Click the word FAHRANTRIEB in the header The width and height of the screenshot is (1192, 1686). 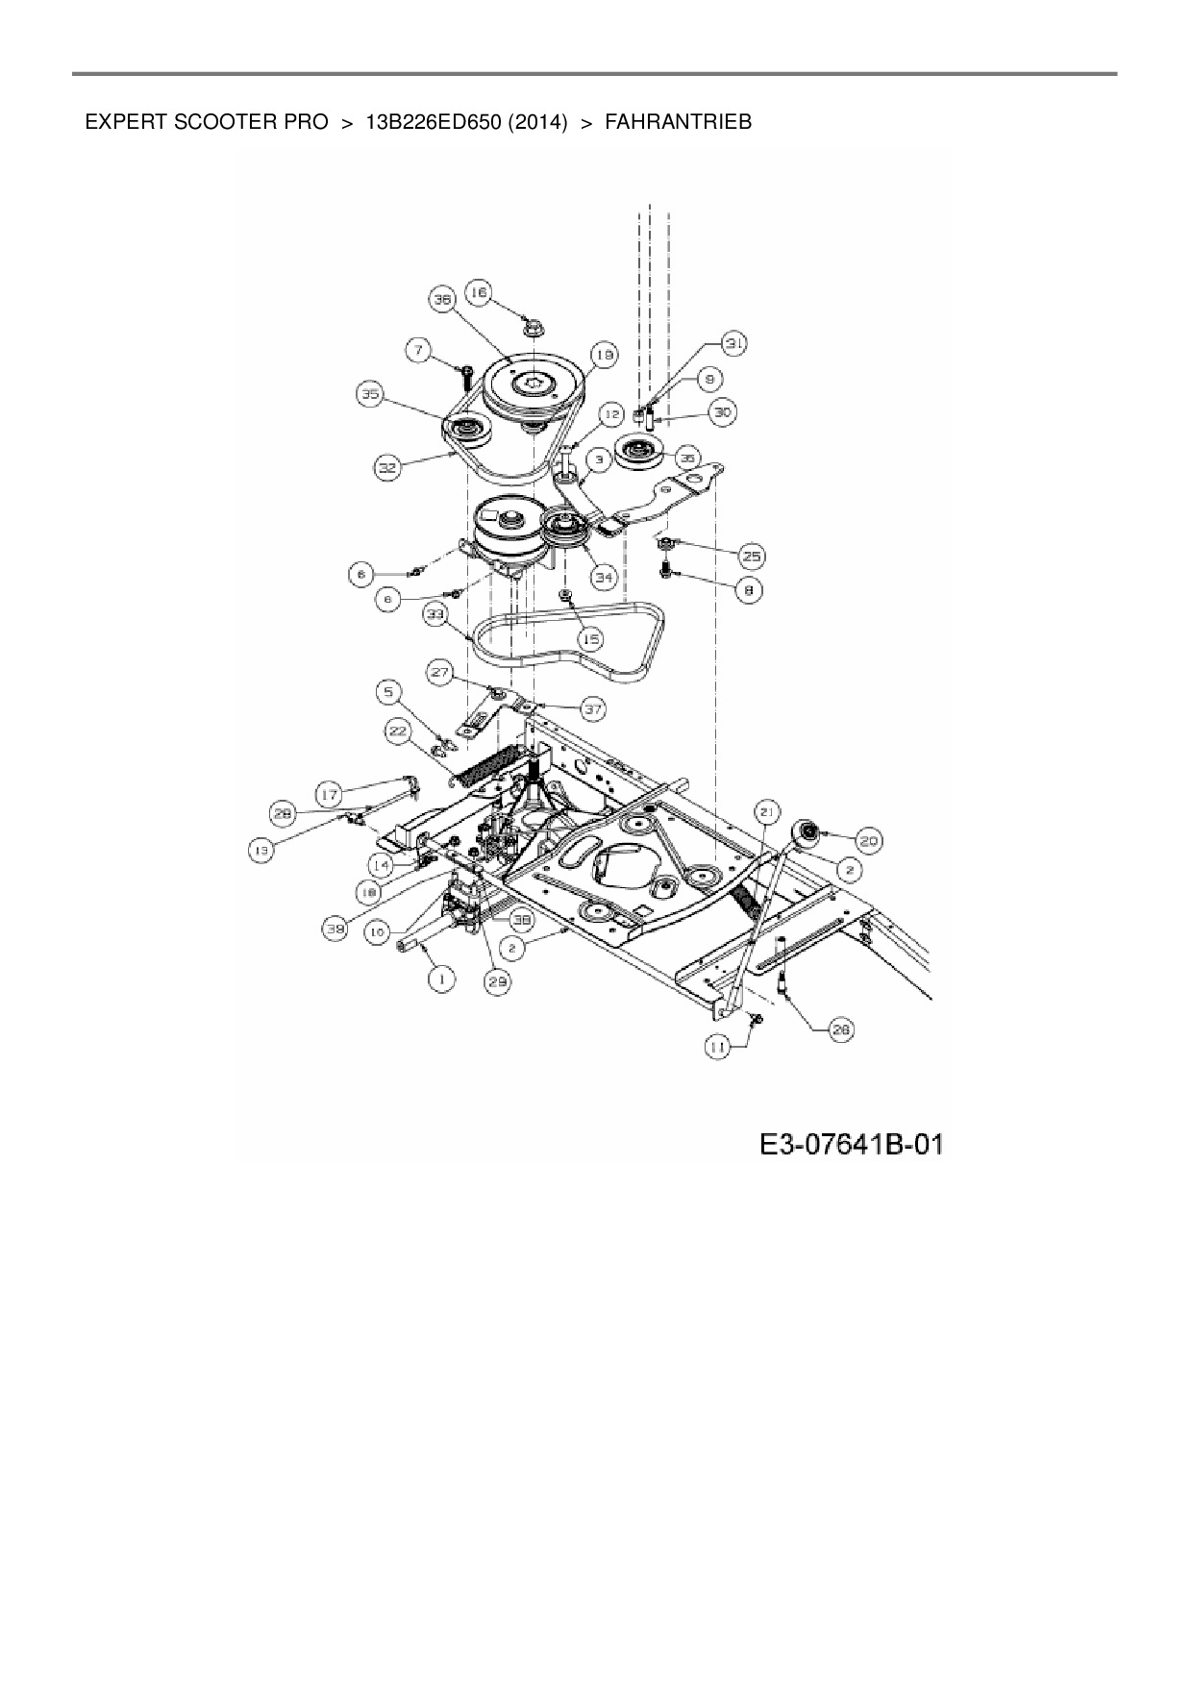678,122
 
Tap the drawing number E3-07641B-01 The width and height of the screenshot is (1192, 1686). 850,1145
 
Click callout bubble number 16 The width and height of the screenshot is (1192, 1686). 479,292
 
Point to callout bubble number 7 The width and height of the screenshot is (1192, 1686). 418,351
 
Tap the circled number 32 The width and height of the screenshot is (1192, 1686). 386,468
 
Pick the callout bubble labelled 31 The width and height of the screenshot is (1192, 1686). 734,343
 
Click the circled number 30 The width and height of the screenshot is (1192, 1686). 721,412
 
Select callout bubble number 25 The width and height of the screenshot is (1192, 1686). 751,556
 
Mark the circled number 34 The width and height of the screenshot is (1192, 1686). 603,578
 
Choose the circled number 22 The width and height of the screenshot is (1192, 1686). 397,731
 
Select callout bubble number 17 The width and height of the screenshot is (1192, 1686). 330,794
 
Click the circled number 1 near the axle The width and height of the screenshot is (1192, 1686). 441,979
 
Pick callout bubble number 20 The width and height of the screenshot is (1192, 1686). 868,841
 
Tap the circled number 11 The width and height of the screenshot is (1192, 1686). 718,1050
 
